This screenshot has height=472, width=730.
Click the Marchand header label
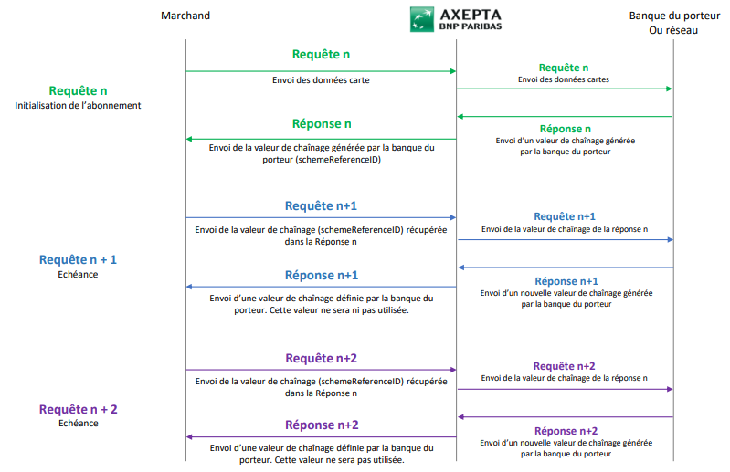pyautogui.click(x=185, y=16)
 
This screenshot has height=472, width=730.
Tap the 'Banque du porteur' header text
pyautogui.click(x=674, y=16)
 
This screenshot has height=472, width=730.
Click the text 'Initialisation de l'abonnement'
pyautogui.click(x=78, y=106)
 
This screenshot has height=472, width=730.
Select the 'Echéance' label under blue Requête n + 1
pyautogui.click(x=78, y=274)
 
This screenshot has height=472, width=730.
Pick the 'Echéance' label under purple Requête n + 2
pyautogui.click(x=78, y=423)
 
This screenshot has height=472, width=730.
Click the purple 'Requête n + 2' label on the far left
pyautogui.click(x=78, y=408)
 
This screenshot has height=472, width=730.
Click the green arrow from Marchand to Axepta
pyautogui.click(x=321, y=70)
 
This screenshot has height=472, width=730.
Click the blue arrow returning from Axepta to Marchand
pyautogui.click(x=321, y=288)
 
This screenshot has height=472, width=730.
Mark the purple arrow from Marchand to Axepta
pyautogui.click(x=321, y=370)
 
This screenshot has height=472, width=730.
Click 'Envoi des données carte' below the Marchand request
pyautogui.click(x=321, y=80)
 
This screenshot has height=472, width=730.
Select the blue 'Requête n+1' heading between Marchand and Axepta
pyautogui.click(x=321, y=205)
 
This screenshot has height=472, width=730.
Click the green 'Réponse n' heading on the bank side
pyautogui.click(x=565, y=129)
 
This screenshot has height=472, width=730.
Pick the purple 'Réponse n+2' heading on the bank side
pyautogui.click(x=565, y=431)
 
